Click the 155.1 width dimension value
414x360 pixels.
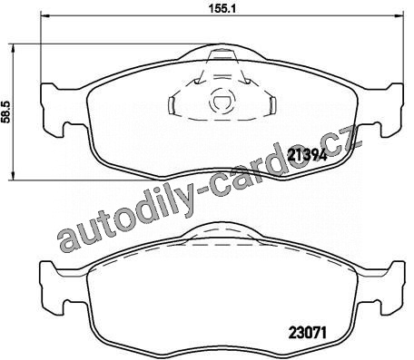click(x=222, y=9)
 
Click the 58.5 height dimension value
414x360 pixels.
click(x=6, y=112)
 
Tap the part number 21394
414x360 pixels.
click(x=308, y=155)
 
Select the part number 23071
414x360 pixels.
click(x=308, y=333)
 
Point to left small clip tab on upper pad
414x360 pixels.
click(x=172, y=106)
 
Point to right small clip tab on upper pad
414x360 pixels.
click(x=272, y=106)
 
